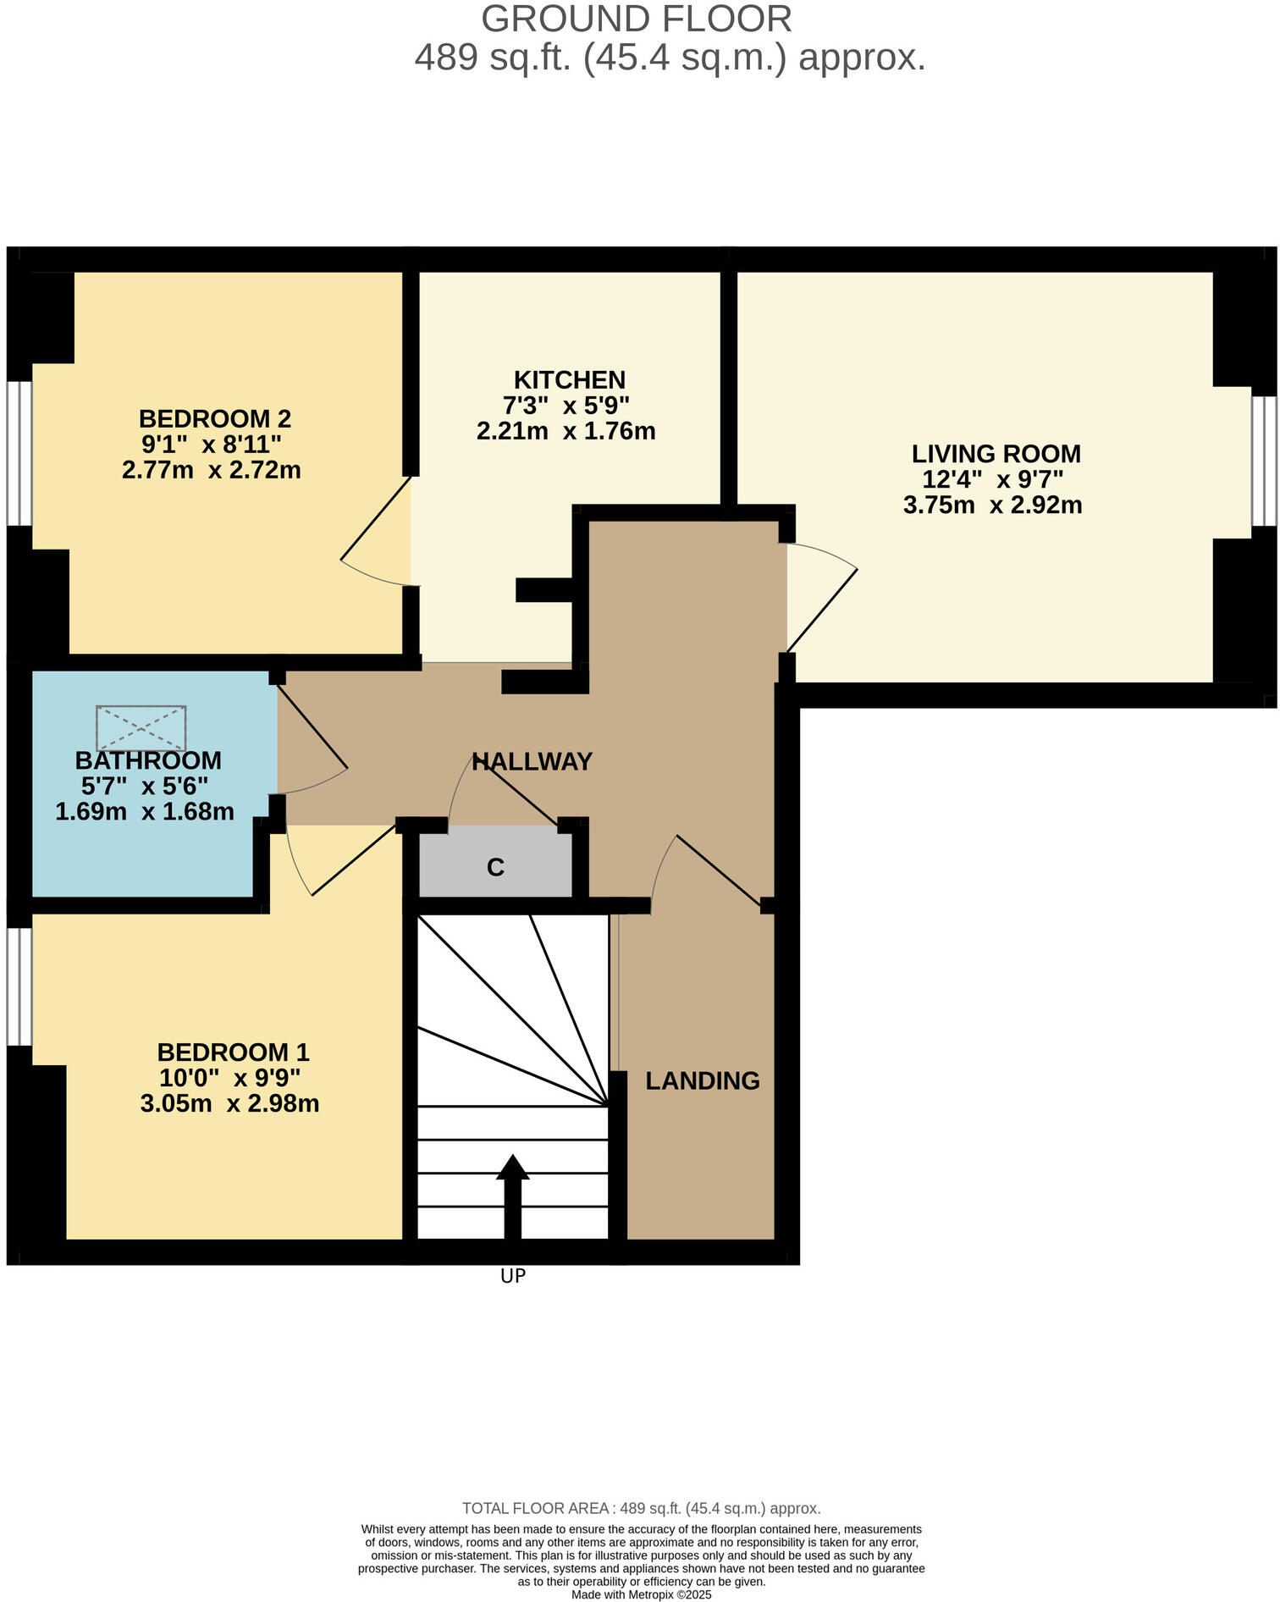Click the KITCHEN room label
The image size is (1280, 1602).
[x=569, y=379]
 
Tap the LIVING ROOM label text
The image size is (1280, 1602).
[x=996, y=454]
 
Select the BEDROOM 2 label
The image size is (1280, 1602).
[x=214, y=418]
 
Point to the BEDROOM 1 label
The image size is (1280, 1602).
[x=233, y=1052]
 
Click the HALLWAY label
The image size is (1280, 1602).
[x=532, y=761]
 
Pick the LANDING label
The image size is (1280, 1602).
[x=702, y=1080]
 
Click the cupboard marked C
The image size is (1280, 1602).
[x=496, y=867]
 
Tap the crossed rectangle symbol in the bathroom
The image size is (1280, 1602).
[x=141, y=727]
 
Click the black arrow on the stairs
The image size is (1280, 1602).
[x=512, y=1194]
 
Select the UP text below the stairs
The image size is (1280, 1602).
[x=513, y=1276]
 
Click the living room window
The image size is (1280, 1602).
[x=1264, y=461]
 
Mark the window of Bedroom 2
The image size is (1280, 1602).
[x=19, y=453]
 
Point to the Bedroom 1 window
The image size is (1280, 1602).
[x=19, y=986]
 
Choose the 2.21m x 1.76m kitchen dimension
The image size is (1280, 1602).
[x=566, y=431]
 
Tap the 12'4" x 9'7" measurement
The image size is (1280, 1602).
[x=992, y=479]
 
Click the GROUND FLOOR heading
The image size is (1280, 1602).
[x=637, y=19]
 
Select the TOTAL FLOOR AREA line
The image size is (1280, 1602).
[x=641, y=1508]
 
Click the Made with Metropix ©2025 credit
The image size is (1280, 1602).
[x=641, y=1594]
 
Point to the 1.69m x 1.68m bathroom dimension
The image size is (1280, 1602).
[x=145, y=812]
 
